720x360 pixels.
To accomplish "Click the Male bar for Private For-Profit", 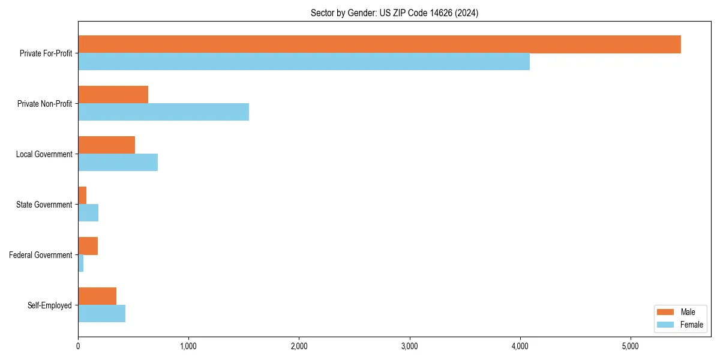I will click(x=379, y=44).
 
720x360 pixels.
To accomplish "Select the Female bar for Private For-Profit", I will click(x=304, y=62).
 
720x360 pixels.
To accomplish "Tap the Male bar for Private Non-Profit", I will click(x=113, y=95).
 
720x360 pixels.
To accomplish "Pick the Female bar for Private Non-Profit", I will click(x=163, y=112).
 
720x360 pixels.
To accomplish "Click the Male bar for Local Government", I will click(x=106, y=145).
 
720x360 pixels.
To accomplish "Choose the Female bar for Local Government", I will click(x=118, y=163).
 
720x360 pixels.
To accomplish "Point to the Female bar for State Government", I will click(x=88, y=213).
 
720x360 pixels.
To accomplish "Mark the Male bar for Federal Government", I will click(x=88, y=246).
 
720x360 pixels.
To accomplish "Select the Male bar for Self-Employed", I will click(x=97, y=296).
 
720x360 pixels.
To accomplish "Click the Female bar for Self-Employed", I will click(x=101, y=314).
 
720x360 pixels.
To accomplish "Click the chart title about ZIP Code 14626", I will click(x=394, y=13).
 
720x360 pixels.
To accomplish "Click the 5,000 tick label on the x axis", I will click(x=631, y=346).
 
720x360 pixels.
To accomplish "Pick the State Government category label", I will click(x=44, y=205).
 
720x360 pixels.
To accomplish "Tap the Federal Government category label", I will click(x=40, y=255).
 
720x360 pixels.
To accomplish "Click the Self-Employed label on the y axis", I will click(x=49, y=305).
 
